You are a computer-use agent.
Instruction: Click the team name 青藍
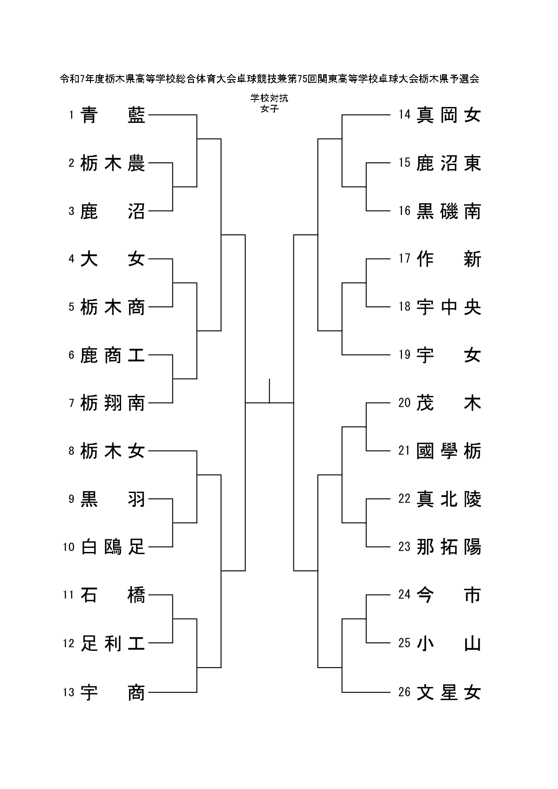[x=113, y=115]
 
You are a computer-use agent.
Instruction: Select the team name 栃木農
[x=113, y=163]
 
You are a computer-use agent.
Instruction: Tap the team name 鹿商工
[x=113, y=355]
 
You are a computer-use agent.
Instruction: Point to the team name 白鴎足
[x=113, y=547]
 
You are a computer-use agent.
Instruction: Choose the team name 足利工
[x=113, y=643]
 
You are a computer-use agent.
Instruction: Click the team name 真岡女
[x=449, y=115]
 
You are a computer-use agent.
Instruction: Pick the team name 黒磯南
[x=449, y=211]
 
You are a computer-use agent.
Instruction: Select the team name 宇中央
[x=449, y=307]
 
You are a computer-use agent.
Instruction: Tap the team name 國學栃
[x=449, y=451]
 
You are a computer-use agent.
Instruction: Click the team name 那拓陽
[x=449, y=547]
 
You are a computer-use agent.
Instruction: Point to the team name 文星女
[x=449, y=692]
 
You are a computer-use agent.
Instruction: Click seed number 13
[x=68, y=692]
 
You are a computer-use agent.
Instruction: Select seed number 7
[x=72, y=403]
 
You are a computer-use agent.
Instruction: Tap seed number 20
[x=405, y=403]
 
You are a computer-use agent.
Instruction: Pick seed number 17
[x=405, y=258]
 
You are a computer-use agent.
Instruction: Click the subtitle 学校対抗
[x=269, y=98]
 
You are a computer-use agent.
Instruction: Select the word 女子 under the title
[x=269, y=108]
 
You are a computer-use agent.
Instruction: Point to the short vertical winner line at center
[x=269, y=391]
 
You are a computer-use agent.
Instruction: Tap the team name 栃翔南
[x=113, y=403]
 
